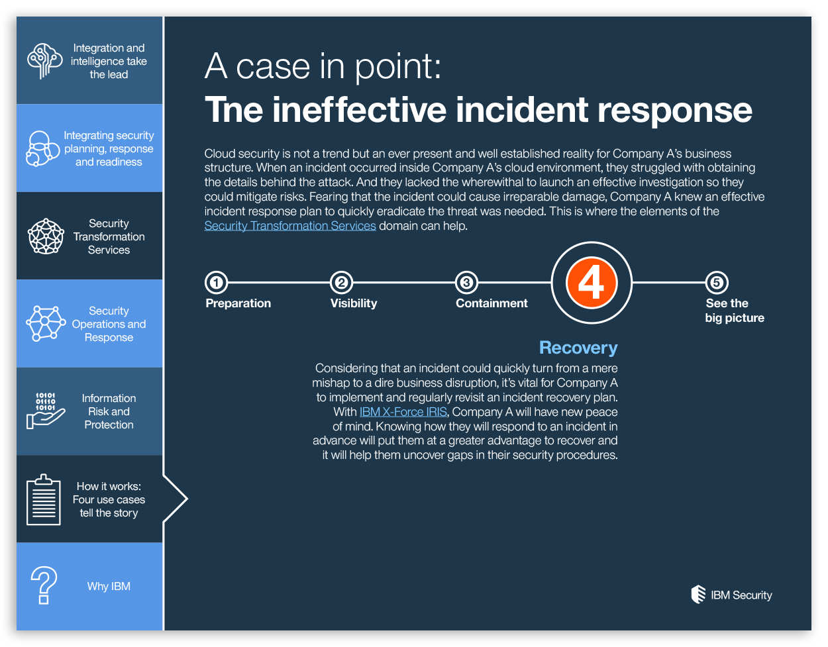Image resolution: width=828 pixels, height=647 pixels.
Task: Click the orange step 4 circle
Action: click(592, 283)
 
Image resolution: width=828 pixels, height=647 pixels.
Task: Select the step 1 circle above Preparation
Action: click(216, 283)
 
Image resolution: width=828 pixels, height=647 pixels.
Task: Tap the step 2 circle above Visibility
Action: click(341, 283)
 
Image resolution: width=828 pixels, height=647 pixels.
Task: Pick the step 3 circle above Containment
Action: click(466, 283)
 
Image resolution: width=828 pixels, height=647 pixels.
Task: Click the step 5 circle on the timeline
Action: click(716, 283)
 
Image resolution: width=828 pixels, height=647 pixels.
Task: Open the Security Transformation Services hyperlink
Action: click(290, 226)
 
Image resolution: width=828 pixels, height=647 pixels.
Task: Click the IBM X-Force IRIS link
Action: click(403, 412)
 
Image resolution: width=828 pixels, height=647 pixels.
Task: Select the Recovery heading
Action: click(578, 348)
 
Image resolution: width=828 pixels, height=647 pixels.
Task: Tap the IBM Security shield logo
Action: click(698, 595)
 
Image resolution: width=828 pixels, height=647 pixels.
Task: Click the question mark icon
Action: click(44, 585)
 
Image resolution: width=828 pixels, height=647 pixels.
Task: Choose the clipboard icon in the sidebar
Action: click(44, 499)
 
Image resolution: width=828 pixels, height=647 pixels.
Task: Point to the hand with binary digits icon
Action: click(45, 411)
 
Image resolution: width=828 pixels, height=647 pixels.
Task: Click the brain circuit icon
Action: click(44, 61)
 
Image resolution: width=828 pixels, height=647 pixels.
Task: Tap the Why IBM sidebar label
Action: click(109, 586)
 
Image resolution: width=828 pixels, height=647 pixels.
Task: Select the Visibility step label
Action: click(354, 303)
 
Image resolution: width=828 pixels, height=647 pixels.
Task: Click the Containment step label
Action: click(492, 303)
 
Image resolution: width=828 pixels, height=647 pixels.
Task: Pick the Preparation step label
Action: click(238, 303)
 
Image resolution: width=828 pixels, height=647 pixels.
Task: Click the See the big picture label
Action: click(735, 311)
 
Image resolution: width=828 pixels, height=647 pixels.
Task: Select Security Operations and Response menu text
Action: click(109, 324)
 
